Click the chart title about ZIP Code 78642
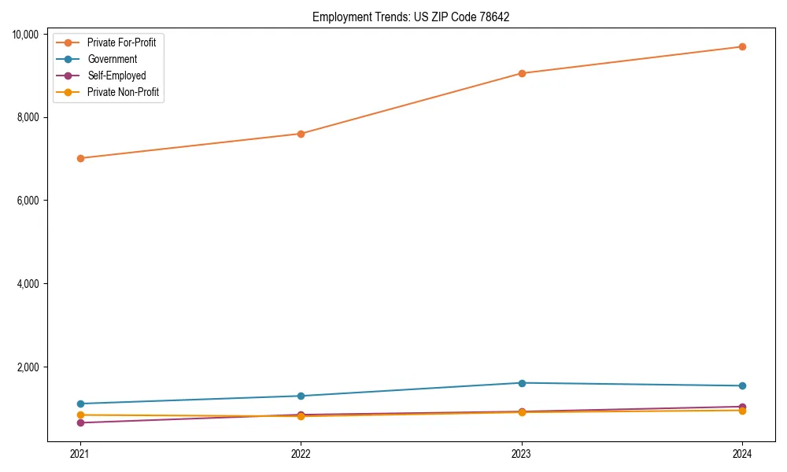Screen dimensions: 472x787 coord(411,17)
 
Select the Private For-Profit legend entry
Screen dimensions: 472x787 coord(121,42)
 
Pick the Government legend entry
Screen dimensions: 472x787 coord(112,59)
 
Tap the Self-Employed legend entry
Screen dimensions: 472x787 coord(116,76)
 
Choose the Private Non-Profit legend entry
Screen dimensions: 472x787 coord(123,92)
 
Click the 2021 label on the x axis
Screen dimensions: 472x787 coord(79,453)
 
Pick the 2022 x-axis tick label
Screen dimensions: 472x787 coord(301,453)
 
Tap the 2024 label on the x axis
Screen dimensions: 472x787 coord(742,453)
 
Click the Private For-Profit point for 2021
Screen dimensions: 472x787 coord(79,158)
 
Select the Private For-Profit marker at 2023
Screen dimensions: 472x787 coord(522,73)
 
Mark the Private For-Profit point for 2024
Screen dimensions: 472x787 coord(742,46)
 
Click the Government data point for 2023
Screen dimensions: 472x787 coord(522,383)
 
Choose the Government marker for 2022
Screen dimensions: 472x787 coord(301,396)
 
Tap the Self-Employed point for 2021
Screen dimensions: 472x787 coord(79,422)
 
